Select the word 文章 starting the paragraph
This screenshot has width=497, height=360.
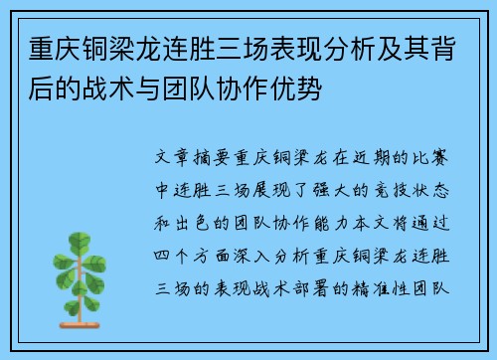tap(168, 157)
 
